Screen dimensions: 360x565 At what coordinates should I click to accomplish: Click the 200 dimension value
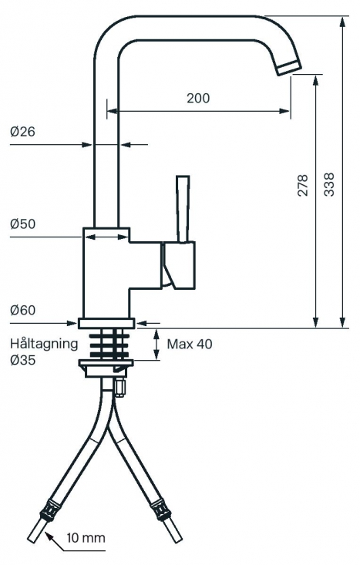tap(198, 98)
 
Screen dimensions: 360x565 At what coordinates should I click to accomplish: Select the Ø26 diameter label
tap(22, 132)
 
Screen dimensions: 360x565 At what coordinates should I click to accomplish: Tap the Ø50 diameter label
tap(22, 224)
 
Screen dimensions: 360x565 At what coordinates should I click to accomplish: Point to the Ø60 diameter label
tap(22, 310)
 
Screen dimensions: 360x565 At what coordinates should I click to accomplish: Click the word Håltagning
tap(44, 344)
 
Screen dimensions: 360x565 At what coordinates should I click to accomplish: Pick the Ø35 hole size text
tap(22, 360)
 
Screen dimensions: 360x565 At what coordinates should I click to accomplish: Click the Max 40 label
tap(190, 344)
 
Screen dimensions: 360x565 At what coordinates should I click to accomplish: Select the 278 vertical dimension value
tap(303, 185)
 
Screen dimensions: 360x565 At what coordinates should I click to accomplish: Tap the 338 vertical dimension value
tap(329, 184)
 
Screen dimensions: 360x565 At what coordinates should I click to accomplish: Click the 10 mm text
tap(86, 538)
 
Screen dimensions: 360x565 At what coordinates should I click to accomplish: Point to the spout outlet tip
tap(289, 68)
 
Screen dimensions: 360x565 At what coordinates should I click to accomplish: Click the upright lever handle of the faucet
tap(183, 209)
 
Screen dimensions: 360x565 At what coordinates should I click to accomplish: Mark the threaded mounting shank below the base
tap(109, 344)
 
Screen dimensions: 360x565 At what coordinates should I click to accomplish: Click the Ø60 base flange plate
tap(106, 323)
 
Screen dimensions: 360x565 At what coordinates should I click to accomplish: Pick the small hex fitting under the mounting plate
tap(119, 388)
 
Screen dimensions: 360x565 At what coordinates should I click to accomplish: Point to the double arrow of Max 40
tap(156, 344)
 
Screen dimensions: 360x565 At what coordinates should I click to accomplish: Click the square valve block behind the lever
tap(179, 266)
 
